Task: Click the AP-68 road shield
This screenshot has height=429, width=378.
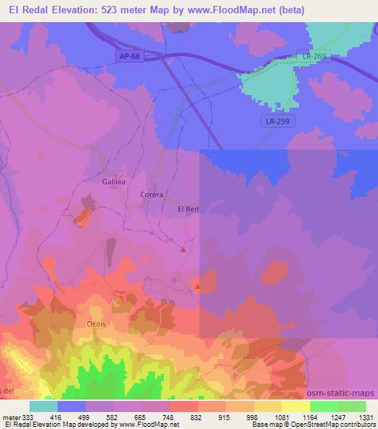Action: pos(128,55)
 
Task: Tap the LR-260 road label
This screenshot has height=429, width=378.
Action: pos(314,55)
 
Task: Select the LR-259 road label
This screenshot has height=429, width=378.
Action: pos(278,122)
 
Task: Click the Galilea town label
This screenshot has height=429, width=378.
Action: pos(114,180)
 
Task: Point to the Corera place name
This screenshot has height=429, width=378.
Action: pos(151,195)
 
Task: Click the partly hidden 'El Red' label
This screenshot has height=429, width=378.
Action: pos(188,209)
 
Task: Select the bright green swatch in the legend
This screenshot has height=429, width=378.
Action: pos(323,405)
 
